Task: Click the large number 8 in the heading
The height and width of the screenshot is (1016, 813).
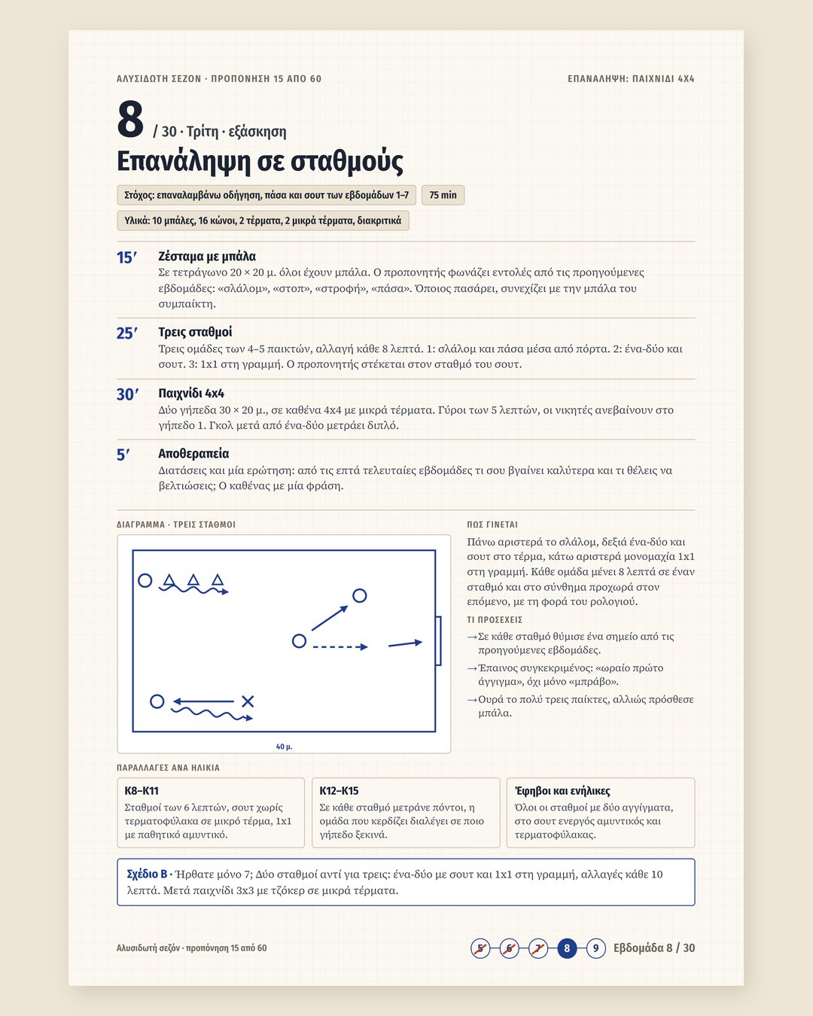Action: pyautogui.click(x=130, y=120)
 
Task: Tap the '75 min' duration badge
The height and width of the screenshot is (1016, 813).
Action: pyautogui.click(x=443, y=195)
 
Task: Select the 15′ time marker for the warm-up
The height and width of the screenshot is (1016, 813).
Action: pyautogui.click(x=126, y=258)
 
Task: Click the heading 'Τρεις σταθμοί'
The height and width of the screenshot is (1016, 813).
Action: pyautogui.click(x=195, y=332)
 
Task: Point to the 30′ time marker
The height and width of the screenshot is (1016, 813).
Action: pyautogui.click(x=127, y=394)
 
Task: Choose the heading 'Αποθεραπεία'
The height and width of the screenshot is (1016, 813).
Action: pyautogui.click(x=193, y=454)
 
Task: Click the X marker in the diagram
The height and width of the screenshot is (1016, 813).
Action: pyautogui.click(x=248, y=701)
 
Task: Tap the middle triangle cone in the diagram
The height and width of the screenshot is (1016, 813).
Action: pyautogui.click(x=193, y=579)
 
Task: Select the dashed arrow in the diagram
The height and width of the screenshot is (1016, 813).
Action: pyautogui.click(x=340, y=646)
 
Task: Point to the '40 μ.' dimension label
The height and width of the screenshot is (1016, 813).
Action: pyautogui.click(x=284, y=747)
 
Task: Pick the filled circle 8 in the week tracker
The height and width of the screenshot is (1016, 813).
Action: pyautogui.click(x=567, y=948)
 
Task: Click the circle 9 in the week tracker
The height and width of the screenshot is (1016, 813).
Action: pyautogui.click(x=595, y=948)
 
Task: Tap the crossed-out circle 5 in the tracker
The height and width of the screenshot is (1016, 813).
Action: pyautogui.click(x=480, y=948)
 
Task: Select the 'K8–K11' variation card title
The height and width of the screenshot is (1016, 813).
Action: pyautogui.click(x=142, y=791)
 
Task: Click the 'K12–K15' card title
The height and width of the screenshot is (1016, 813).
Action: pyautogui.click(x=339, y=791)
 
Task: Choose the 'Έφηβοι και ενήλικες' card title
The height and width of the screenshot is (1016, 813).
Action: pyautogui.click(x=562, y=791)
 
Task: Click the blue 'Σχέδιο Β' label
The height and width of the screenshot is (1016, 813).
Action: pyautogui.click(x=147, y=874)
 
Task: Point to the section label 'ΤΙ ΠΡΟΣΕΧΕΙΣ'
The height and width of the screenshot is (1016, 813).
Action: pyautogui.click(x=495, y=619)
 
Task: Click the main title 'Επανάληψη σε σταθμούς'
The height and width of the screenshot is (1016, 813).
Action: pyautogui.click(x=260, y=162)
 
